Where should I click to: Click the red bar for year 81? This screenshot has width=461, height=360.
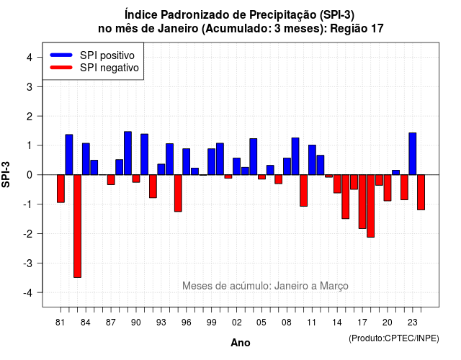(61, 189)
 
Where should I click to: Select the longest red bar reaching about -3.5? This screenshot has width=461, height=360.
(77, 226)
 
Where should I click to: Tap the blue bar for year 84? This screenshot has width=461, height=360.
(86, 159)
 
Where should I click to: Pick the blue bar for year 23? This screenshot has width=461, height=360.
(413, 153)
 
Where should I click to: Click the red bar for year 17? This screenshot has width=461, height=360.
(362, 202)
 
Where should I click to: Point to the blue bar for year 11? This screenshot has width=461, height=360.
(312, 160)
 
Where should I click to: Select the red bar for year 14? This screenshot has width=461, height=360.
(337, 184)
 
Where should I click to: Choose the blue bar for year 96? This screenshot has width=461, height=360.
(186, 161)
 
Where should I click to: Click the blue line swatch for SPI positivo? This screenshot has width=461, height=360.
(61, 55)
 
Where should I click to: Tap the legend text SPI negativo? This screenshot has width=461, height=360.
(109, 68)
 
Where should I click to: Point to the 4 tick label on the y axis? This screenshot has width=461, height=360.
(30, 58)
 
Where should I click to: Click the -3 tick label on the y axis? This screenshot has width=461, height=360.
(28, 263)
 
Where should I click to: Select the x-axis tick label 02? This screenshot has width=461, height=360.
(236, 323)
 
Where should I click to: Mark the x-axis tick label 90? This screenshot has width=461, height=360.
(136, 323)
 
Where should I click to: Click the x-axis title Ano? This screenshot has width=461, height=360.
(241, 343)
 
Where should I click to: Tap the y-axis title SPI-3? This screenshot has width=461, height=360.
(6, 174)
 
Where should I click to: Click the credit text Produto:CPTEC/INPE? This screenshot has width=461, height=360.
(394, 338)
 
